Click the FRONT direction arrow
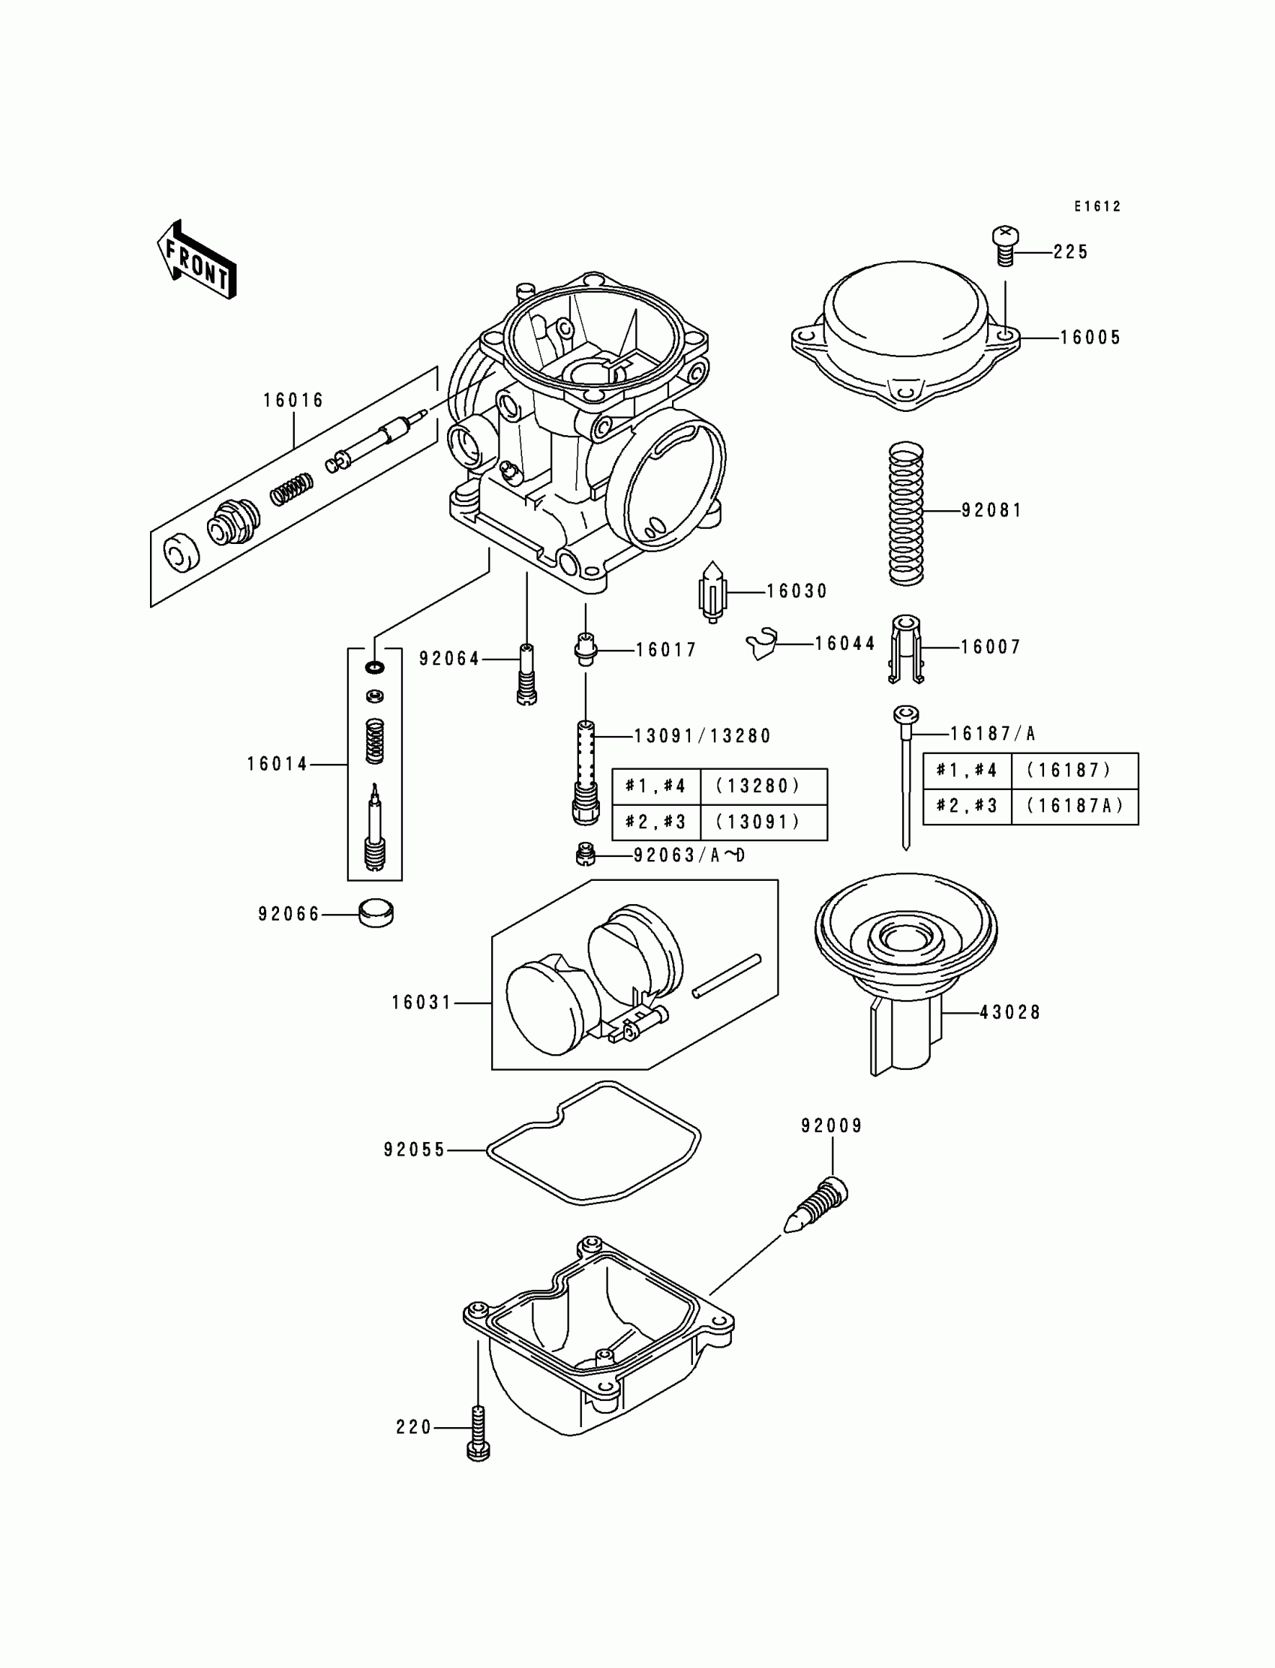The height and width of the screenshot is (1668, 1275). coord(196,260)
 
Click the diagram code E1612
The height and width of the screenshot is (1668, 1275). coord(1096,206)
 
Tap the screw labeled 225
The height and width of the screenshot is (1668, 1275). coord(1006,246)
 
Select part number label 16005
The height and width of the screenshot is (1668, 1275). coord(1090,338)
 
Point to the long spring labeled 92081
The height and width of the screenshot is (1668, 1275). coord(906,514)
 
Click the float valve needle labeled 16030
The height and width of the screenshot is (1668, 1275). coord(712,591)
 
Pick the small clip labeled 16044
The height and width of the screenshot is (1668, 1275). coord(762,644)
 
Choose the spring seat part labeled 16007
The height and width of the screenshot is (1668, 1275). coord(905,648)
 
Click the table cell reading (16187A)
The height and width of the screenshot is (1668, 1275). coord(1075,807)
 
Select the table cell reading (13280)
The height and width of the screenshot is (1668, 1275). coord(758,786)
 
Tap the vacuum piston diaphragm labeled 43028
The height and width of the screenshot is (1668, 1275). coord(905,964)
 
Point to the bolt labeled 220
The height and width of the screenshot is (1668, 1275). coord(478,1432)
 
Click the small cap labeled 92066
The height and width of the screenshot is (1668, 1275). coord(376,912)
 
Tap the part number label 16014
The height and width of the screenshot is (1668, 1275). coord(277,765)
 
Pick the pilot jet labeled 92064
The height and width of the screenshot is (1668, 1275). coord(526,675)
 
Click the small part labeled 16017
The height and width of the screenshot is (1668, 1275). coord(584,650)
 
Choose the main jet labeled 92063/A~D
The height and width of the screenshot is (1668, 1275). coord(583,855)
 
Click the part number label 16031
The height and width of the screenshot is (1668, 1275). coord(421,1003)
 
